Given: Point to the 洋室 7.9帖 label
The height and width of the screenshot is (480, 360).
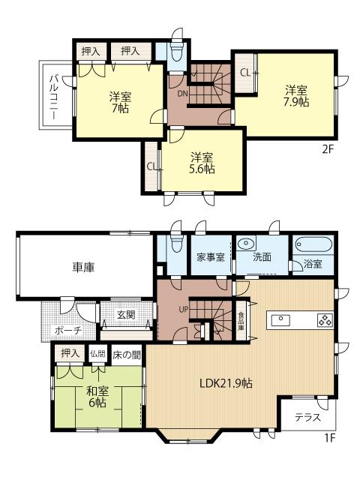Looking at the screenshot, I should pos(295,97).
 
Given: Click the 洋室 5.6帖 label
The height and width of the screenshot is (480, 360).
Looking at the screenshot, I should pos(202,163).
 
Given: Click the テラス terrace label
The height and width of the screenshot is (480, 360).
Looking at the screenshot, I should pos(308,417).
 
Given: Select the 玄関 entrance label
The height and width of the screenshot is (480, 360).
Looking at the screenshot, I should pos(126,315).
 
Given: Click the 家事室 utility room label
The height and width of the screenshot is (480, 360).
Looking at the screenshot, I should pos(211,257).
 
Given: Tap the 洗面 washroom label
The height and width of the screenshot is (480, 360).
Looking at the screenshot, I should pos(262,257).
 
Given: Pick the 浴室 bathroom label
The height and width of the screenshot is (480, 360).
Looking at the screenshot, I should pos(313,265).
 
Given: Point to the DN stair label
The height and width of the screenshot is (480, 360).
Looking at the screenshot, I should pos(181,94).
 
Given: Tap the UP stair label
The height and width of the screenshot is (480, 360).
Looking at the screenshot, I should pos(182,308).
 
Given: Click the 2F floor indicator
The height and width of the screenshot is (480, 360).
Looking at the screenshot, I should pos(327,147).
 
